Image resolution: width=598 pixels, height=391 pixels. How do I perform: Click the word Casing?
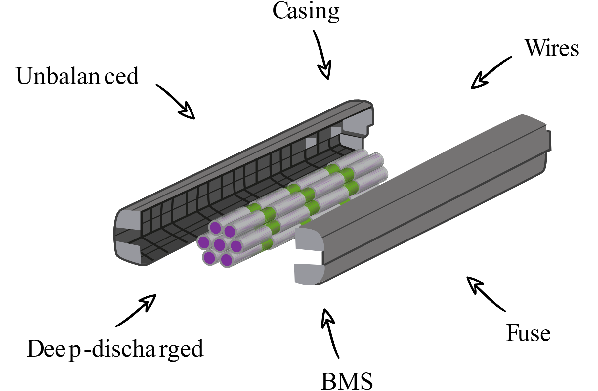coord(306,11)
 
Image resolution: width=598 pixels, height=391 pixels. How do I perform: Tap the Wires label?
coord(551,48)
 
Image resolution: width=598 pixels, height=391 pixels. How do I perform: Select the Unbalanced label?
coord(77,76)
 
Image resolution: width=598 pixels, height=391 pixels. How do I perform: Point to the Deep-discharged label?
coord(115,349)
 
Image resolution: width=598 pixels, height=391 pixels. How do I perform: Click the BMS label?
coord(346,381)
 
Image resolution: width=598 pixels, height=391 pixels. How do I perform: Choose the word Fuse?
coord(528,333)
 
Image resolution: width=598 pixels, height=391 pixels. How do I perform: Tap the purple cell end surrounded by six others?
coord(219,245)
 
